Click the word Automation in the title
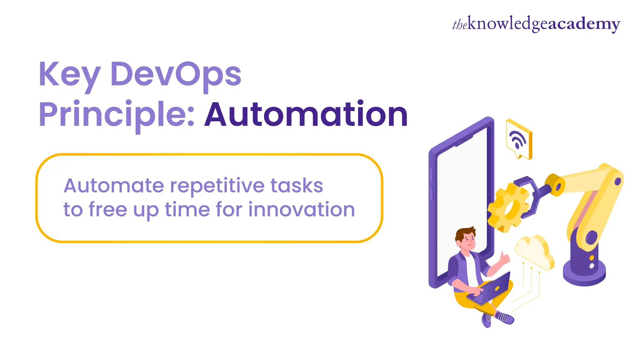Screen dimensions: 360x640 pyautogui.click(x=306, y=115)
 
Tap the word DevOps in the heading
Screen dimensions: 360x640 pyautogui.click(x=176, y=75)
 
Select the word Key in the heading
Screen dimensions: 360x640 pyautogui.click(x=69, y=75)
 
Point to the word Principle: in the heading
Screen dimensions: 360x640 pyautogui.click(x=117, y=115)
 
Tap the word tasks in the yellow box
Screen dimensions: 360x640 pyautogui.click(x=297, y=186)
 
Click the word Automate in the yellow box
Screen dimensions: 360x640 pyautogui.click(x=114, y=186)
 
